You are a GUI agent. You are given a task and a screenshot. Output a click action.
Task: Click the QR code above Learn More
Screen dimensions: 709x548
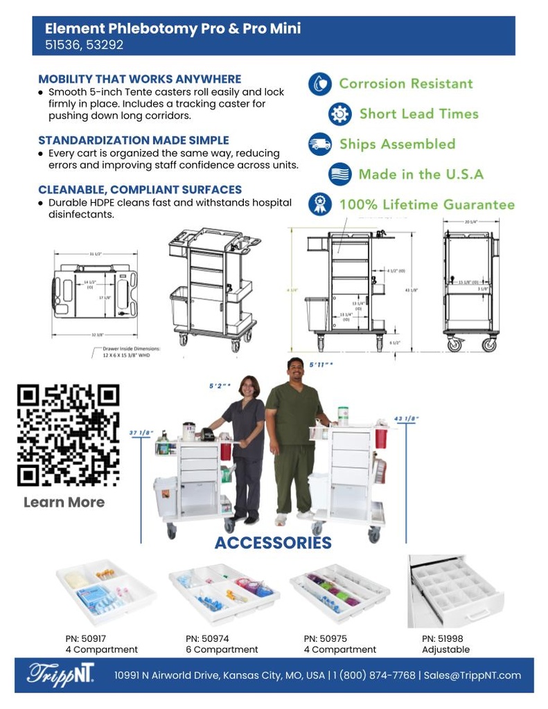(68, 434)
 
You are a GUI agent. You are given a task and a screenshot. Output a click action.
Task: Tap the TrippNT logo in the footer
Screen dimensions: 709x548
(60, 675)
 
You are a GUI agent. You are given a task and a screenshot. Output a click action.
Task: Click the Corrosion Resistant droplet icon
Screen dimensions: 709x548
(319, 84)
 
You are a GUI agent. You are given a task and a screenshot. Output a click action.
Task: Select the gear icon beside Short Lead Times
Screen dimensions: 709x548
(339, 114)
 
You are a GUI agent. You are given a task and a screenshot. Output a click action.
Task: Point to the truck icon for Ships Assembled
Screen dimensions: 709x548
(319, 144)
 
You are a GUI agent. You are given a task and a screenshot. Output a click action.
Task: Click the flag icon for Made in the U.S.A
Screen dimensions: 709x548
(339, 174)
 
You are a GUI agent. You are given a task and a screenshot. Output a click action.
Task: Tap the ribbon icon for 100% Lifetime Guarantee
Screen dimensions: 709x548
(319, 204)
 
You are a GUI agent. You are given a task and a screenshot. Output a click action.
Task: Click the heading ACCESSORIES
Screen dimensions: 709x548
(273, 543)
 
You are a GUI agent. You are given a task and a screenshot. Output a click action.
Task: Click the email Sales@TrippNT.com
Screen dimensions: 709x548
(472, 675)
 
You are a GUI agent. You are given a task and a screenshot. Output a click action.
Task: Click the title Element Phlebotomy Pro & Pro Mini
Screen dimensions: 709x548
(173, 29)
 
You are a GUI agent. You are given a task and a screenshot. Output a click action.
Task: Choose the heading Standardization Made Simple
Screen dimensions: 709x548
(133, 141)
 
